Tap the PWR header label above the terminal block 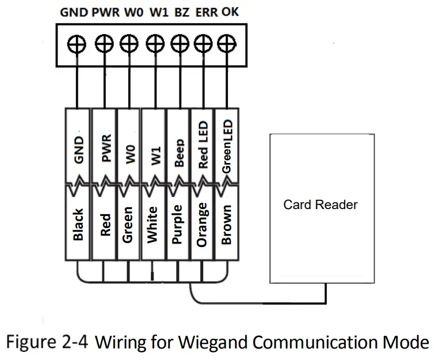tap(106, 12)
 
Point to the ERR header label tap(207, 12)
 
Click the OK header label tap(230, 12)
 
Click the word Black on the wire tap(79, 225)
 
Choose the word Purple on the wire tap(178, 225)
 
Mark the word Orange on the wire tap(202, 225)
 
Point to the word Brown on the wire tap(227, 225)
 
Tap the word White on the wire tap(153, 225)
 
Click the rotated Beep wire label tap(179, 153)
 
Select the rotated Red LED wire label tap(203, 145)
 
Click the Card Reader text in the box tap(320, 204)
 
